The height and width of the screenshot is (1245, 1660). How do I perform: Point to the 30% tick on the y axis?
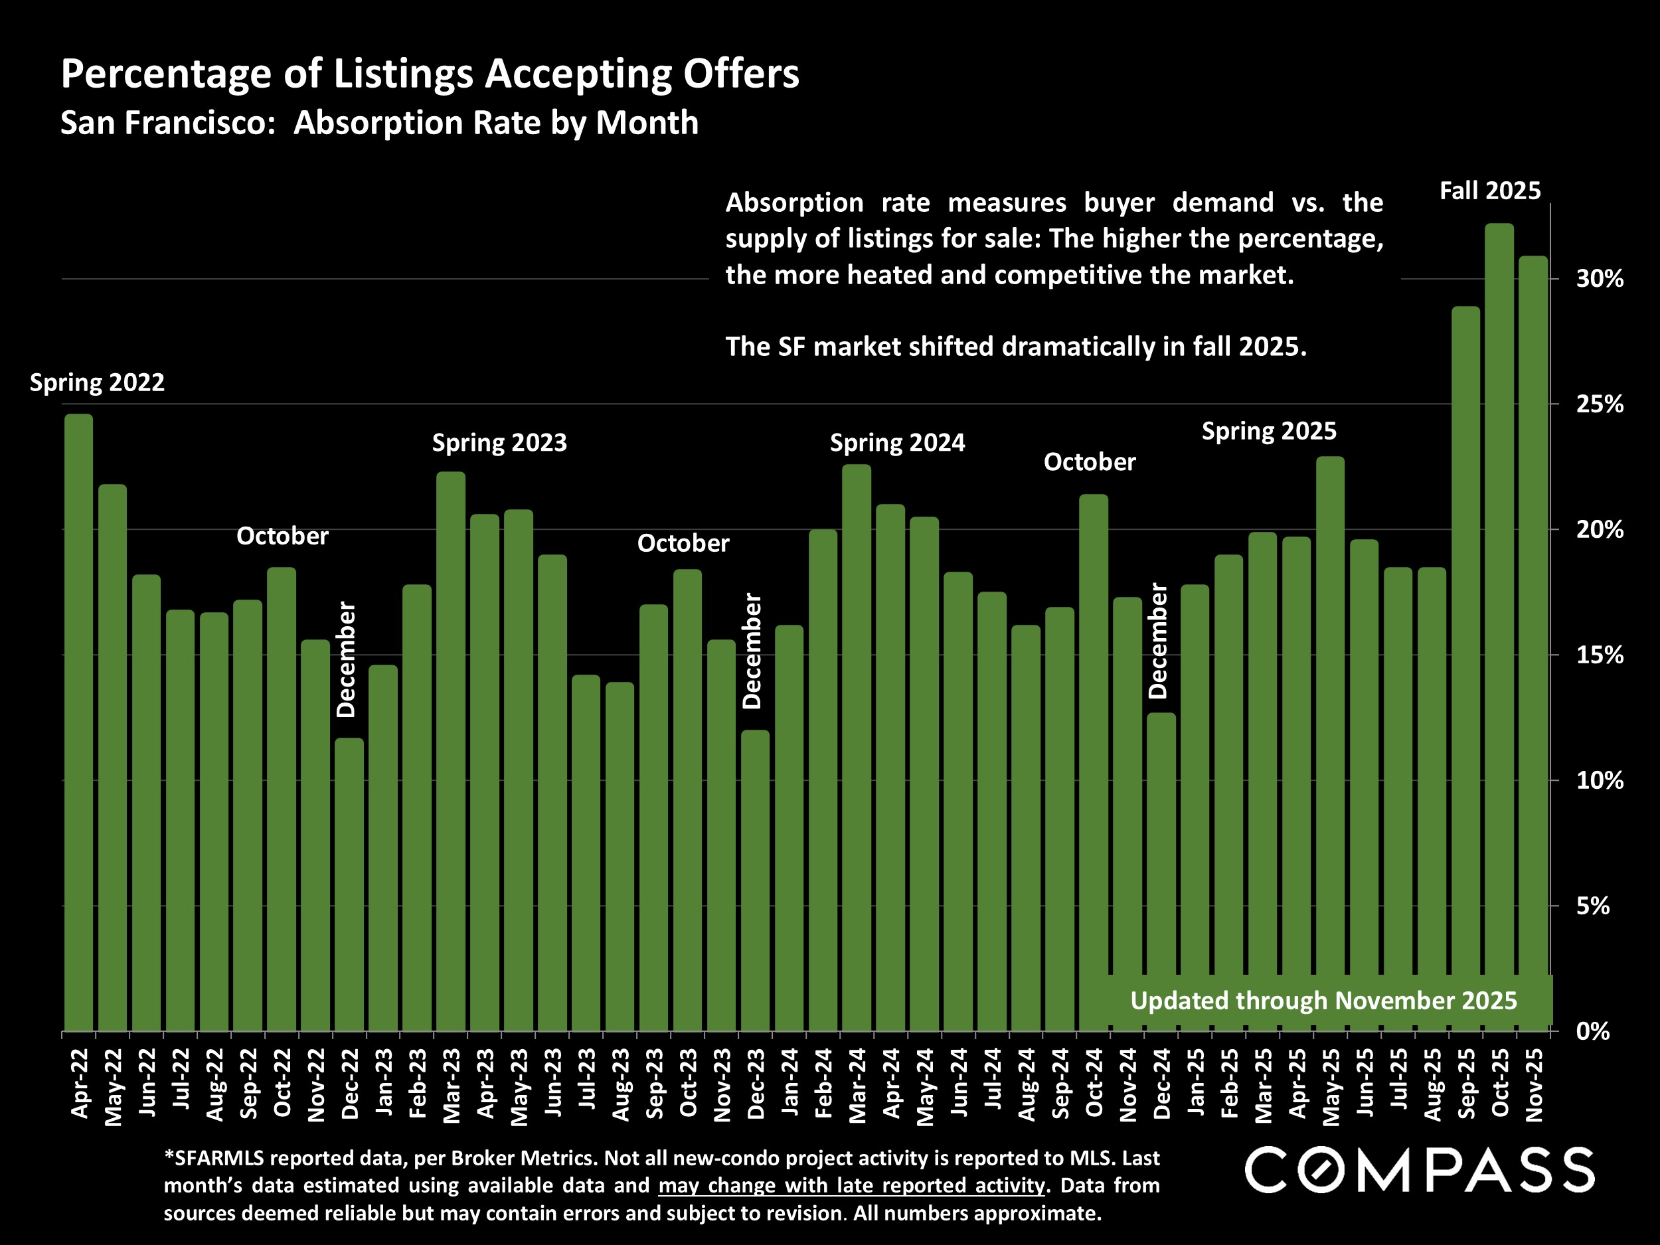click(1599, 279)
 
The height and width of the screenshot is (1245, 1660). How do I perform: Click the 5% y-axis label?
click(1592, 906)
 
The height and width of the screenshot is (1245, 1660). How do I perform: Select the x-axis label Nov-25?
click(1534, 1084)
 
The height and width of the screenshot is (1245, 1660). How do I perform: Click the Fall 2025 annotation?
click(1489, 191)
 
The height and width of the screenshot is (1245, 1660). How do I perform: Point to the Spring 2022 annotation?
click(97, 382)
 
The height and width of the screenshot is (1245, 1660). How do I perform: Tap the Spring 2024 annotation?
click(897, 443)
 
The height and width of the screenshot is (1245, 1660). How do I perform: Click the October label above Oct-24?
click(1089, 462)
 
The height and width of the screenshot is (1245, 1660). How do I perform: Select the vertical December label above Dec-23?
click(752, 651)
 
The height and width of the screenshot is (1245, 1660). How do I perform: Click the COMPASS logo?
click(1419, 1169)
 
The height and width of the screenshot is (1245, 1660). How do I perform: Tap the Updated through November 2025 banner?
click(1323, 1001)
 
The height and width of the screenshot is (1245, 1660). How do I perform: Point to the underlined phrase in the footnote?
click(851, 1185)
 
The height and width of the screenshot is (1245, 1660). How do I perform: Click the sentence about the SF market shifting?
click(1015, 347)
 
